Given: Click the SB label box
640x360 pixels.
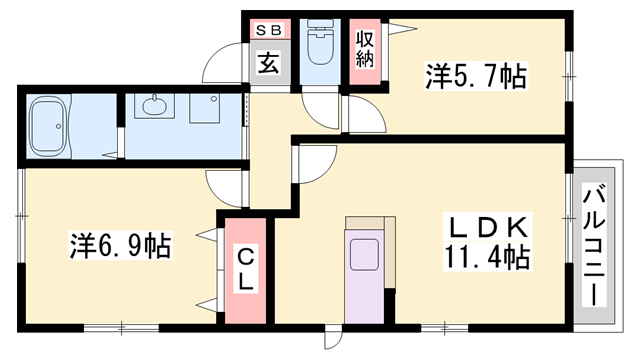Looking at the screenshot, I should pos(270,30).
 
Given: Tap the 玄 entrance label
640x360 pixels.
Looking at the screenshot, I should pos(269,64).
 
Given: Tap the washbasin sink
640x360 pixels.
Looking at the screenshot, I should pos(156,106).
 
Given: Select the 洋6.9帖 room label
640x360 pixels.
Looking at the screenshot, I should pos(118,243).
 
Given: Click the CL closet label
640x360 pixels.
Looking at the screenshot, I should pos(245,269).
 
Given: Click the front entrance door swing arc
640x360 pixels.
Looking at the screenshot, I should pos(222,68).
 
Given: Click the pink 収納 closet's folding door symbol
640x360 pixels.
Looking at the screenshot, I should pos(398,31).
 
